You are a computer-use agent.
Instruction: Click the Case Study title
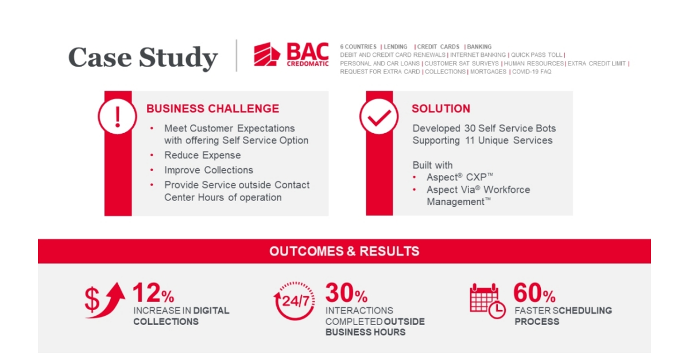pos(143,58)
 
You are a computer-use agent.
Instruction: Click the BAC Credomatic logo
pos(292,55)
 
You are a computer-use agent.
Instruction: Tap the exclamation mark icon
pos(118,117)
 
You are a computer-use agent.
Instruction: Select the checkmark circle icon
pos(379,117)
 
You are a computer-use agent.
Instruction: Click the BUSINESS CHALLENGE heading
pos(212,109)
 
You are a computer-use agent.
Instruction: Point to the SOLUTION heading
pos(440,109)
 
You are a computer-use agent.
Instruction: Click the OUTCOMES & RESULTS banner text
pos(344,251)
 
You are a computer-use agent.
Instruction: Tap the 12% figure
pos(153,293)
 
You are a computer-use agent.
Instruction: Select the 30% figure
pos(346,293)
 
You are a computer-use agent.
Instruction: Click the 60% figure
pos(534,293)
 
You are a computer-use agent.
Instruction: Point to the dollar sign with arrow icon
pos(104,299)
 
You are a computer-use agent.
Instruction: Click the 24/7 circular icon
pos(295,300)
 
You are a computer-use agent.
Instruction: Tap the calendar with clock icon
pos(487,300)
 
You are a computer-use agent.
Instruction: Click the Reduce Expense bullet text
pos(202,155)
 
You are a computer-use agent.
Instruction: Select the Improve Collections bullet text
pos(208,170)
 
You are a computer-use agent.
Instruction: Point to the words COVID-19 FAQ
pos(532,72)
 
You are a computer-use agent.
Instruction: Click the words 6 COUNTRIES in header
pos(358,47)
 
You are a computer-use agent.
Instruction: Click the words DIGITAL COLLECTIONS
pos(181,316)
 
